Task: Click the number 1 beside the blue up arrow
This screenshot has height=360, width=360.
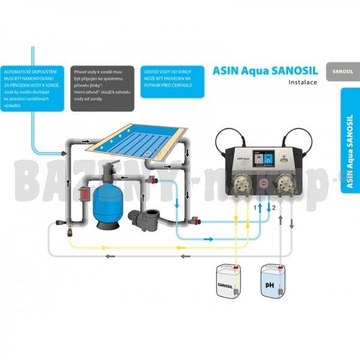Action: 254,207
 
